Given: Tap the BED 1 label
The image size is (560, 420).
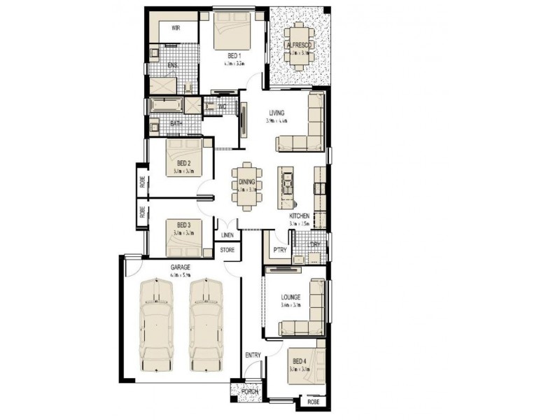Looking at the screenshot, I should (234, 55).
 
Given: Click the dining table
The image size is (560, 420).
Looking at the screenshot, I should (247, 187).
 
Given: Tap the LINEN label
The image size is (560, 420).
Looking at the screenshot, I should (227, 236).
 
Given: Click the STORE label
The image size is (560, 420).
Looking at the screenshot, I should (227, 249).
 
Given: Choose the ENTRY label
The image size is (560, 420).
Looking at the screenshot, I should (253, 356).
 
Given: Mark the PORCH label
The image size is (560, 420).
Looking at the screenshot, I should (250, 392).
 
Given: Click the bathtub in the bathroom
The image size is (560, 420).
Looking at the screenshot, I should (167, 106).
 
